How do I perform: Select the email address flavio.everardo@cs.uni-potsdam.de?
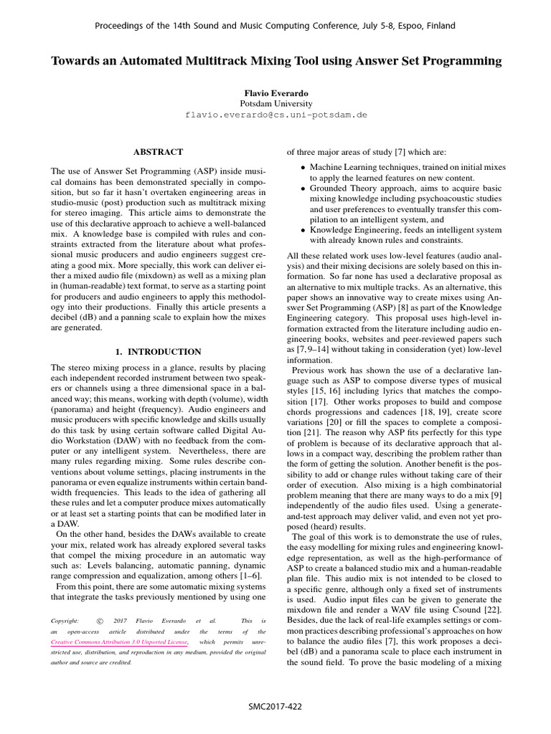(275, 114)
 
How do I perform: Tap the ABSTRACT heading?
(159, 152)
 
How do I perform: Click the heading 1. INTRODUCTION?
(159, 351)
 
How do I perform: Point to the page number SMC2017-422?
(275, 706)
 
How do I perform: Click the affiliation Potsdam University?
(275, 103)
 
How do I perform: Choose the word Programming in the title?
(461, 62)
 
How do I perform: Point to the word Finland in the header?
(440, 26)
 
